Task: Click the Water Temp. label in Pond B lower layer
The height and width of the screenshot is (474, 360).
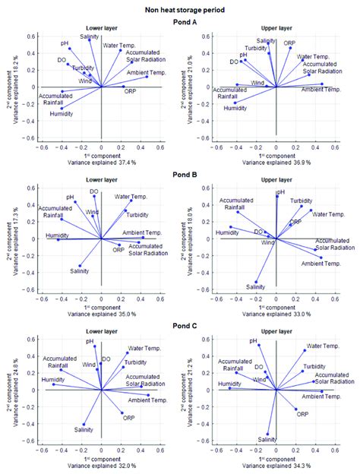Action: coord(131,197)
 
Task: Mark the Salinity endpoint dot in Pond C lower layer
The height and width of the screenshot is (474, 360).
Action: coord(84,424)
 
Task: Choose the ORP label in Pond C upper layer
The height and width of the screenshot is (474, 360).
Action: coord(302,414)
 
